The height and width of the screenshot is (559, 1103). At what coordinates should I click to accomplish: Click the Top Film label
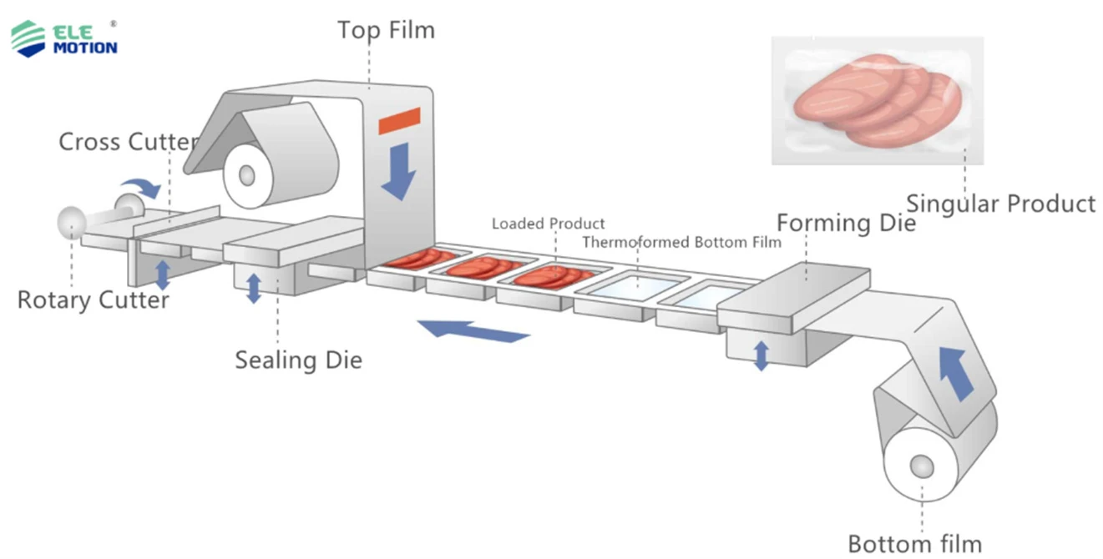386,31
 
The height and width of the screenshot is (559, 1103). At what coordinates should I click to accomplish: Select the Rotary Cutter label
93,300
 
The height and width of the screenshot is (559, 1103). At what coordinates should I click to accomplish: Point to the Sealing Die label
298,360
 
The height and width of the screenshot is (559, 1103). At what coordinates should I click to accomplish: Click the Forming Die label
846,223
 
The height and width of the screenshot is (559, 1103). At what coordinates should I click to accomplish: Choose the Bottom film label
914,544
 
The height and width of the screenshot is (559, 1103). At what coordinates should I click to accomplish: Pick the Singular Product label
1000,204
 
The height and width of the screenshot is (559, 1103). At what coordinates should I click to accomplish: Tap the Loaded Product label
548,224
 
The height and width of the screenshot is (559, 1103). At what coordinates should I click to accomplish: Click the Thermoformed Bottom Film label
681,243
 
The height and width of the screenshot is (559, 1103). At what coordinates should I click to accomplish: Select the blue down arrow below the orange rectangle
398,170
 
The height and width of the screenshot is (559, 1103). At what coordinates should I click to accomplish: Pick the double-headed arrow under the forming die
761,355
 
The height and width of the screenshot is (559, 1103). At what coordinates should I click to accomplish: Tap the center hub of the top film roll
246,175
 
